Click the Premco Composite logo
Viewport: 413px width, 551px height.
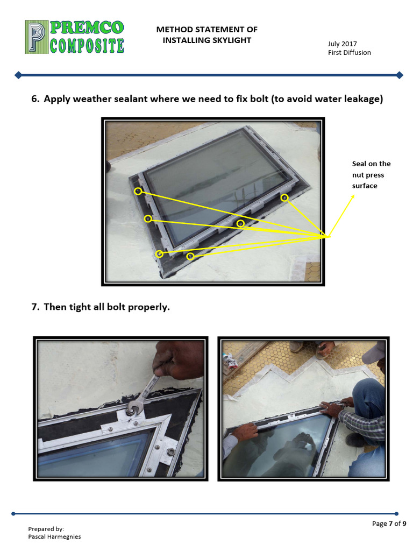(75, 37)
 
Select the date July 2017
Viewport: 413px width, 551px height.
(343, 44)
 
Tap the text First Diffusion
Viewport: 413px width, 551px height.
(350, 53)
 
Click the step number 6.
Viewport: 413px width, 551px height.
(35, 99)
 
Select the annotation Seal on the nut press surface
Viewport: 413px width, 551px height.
(371, 175)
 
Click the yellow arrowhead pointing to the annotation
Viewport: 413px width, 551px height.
(353, 197)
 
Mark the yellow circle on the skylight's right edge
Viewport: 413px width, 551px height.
(284, 198)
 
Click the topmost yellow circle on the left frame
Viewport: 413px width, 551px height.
(138, 191)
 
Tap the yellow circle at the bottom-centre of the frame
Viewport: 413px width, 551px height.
(190, 257)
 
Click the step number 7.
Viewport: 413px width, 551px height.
(35, 307)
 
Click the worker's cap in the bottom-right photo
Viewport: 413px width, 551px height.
(374, 351)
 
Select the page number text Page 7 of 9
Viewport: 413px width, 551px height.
(389, 524)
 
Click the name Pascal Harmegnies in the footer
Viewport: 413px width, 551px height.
(54, 536)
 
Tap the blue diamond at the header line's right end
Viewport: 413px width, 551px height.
(399, 75)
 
